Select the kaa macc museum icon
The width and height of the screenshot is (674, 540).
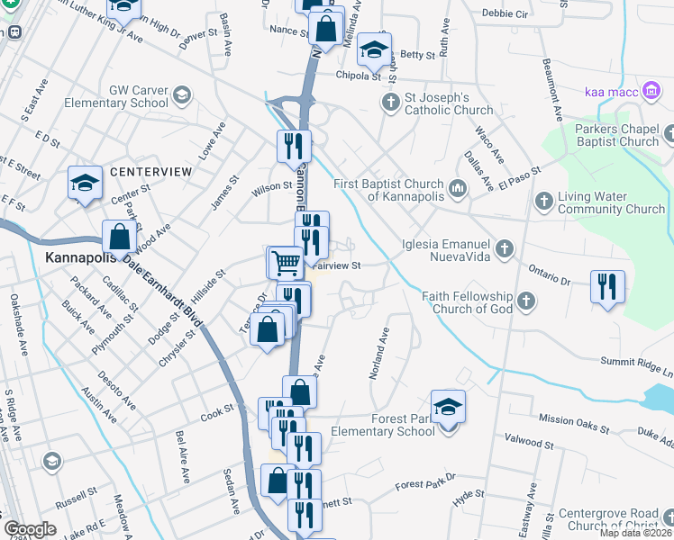[x=651, y=91]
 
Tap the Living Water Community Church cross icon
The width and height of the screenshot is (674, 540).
[x=543, y=200]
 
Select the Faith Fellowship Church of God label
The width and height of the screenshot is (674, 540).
[x=468, y=302]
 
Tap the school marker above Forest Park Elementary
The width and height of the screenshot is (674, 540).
[x=448, y=406]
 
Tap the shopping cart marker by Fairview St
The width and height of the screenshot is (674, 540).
[x=287, y=263]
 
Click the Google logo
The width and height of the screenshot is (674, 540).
[x=30, y=529]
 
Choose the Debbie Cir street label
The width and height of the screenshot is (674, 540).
[x=505, y=14]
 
